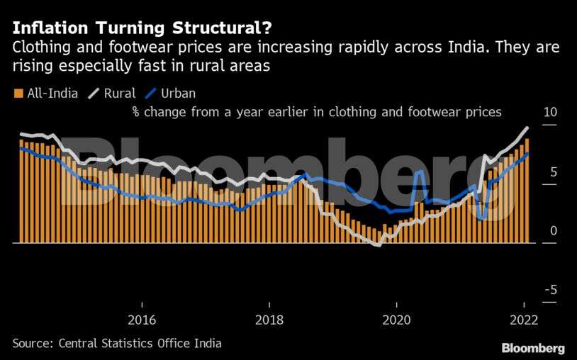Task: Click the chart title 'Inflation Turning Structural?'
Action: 140,28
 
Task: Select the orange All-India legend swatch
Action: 18,93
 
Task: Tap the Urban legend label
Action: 178,93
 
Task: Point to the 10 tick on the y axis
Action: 549,113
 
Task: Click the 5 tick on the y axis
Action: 553,172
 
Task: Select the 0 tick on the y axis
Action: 553,231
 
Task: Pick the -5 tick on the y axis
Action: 551,290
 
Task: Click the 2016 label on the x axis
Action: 142,320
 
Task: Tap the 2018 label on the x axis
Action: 269,320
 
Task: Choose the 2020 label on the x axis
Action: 397,320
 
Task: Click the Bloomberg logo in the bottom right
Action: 533,348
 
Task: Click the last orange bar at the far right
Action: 527,191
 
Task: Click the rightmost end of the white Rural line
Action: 527,128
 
